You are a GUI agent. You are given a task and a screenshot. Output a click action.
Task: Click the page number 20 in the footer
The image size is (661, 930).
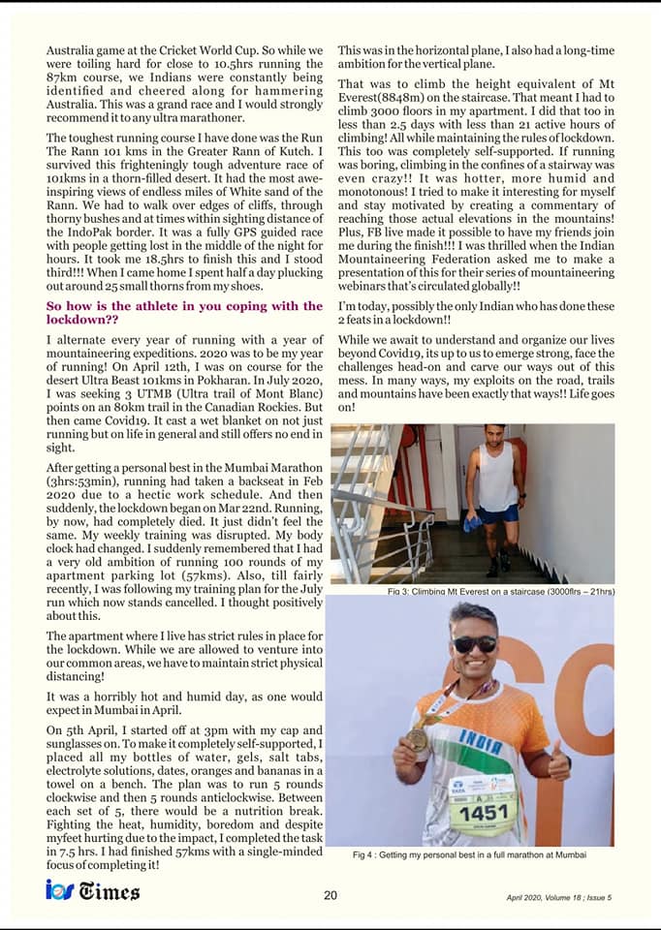pos(330,895)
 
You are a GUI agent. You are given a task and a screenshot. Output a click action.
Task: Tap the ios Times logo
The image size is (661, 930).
pos(93,890)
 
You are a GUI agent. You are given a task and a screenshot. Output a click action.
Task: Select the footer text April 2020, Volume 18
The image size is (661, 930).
pos(558,897)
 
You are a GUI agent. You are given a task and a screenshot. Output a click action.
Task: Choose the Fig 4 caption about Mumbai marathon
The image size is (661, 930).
pos(470,854)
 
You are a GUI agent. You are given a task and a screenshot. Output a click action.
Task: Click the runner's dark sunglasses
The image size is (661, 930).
pos(475,644)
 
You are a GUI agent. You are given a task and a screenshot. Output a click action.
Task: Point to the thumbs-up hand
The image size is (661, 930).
pos(559,763)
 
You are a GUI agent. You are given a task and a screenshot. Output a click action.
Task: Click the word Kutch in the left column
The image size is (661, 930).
pos(302,152)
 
